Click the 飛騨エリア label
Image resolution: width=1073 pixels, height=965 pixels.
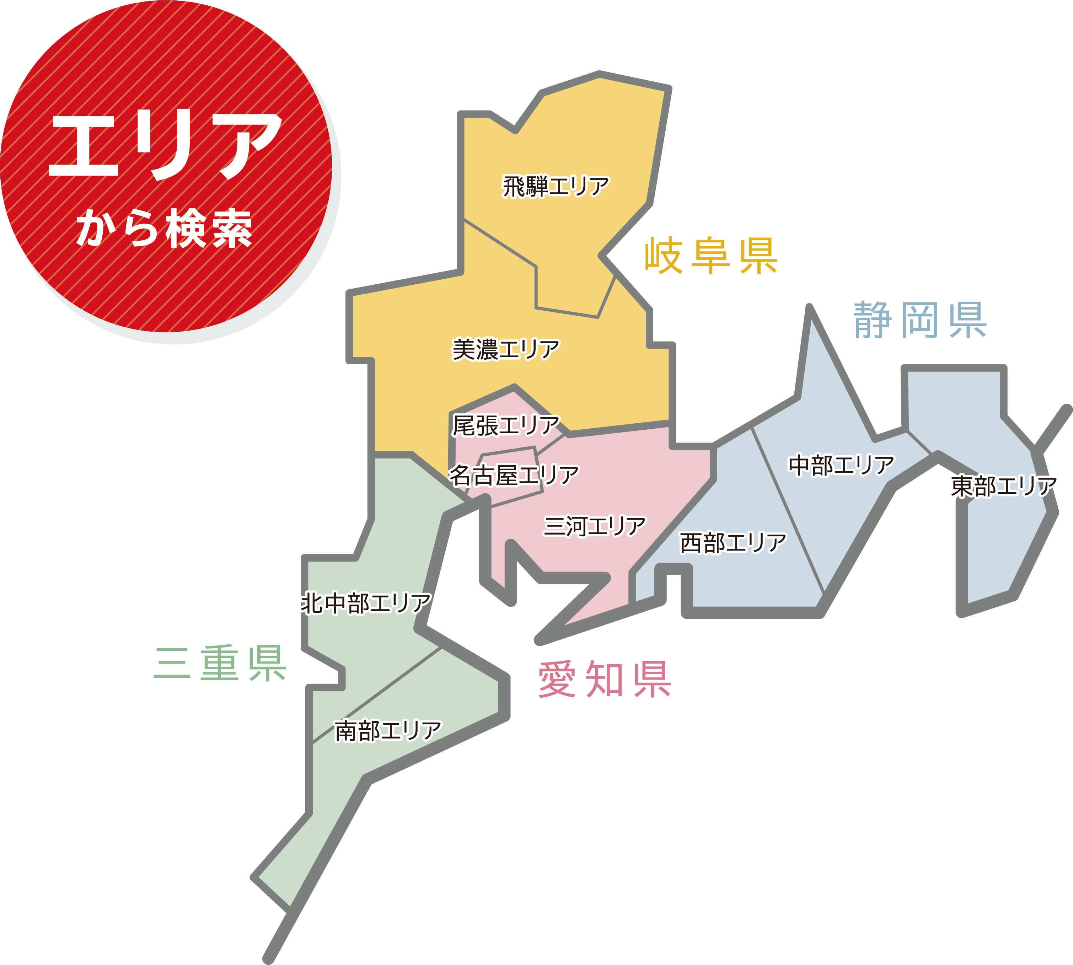(x=556, y=187)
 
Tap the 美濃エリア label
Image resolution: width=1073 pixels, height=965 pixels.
(x=506, y=349)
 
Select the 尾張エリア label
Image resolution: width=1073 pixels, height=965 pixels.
(x=506, y=425)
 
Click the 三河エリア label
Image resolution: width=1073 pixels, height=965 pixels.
(x=594, y=526)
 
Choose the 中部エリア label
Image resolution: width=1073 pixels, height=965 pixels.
(x=841, y=465)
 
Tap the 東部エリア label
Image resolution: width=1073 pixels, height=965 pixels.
(x=1004, y=486)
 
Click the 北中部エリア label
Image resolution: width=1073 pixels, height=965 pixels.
(x=366, y=604)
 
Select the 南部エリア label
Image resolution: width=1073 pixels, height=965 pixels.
(x=388, y=731)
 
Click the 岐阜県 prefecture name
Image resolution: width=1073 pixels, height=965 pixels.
(x=711, y=257)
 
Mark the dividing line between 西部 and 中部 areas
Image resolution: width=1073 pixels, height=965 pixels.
(x=788, y=512)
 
